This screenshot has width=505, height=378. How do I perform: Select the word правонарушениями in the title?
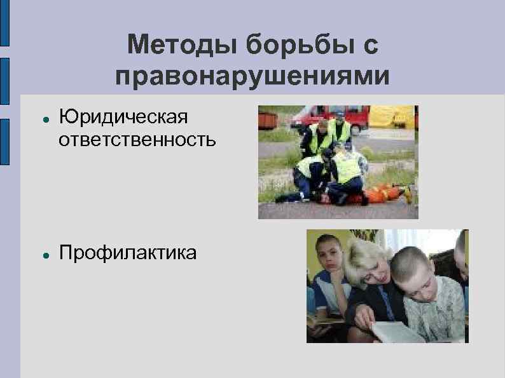pos(253,76)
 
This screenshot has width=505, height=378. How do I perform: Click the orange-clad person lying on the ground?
pos(382,192)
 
